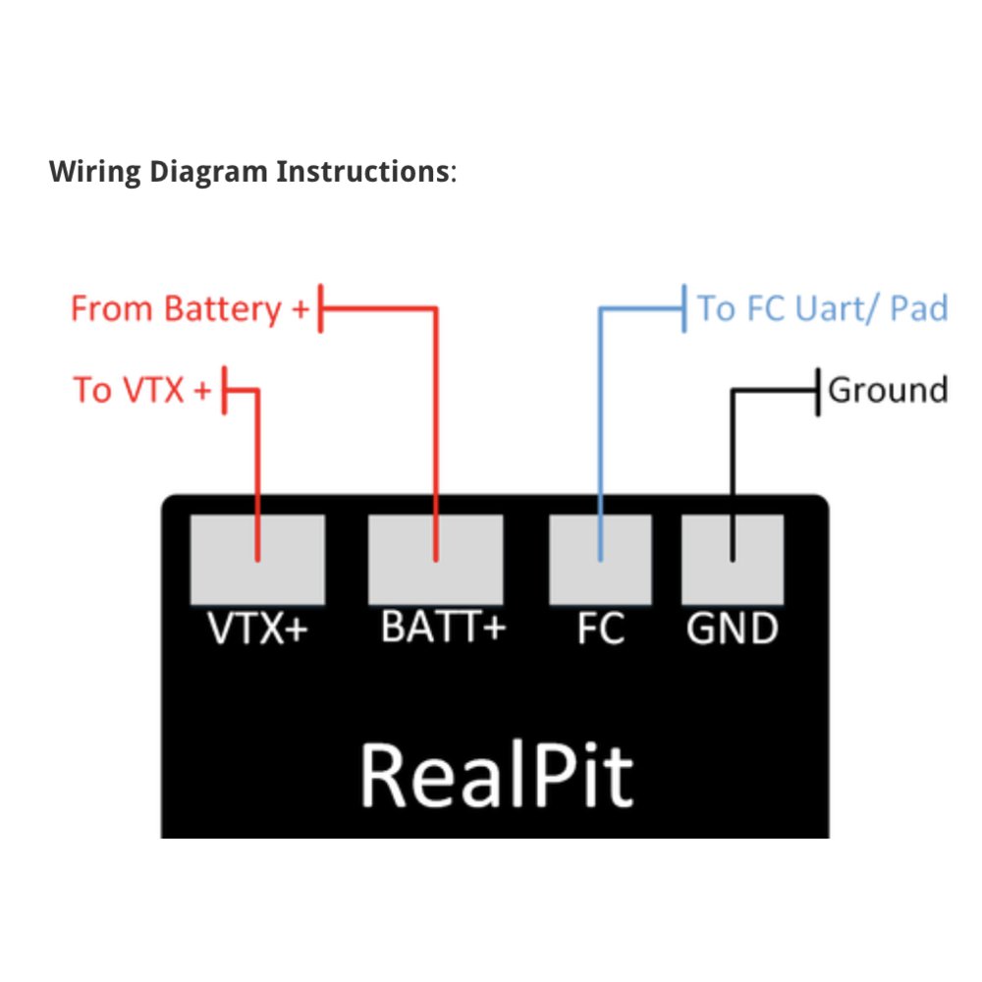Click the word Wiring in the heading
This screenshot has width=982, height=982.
coord(95,172)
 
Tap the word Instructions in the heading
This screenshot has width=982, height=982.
coord(363,171)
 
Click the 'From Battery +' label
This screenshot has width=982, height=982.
coord(190,309)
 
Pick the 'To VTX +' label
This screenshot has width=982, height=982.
coord(142,390)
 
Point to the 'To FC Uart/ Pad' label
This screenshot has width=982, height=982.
coord(823,308)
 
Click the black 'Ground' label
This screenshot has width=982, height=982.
coord(888,390)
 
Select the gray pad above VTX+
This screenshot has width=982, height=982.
coord(257,560)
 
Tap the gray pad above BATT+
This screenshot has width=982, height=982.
coord(435,560)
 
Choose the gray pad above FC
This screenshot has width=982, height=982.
coord(600,560)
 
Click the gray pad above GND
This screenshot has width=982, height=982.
coord(733,560)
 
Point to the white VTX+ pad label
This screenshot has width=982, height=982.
coord(257,627)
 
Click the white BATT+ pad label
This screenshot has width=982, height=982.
coord(444,627)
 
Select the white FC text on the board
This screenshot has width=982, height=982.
coord(601,627)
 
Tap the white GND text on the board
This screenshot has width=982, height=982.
coord(733,627)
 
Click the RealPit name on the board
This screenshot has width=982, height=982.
coord(497,775)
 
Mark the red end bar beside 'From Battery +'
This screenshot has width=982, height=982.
coord(321,308)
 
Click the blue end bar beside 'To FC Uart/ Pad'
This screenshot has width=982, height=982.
coord(683,308)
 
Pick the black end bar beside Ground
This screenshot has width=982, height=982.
coord(817,392)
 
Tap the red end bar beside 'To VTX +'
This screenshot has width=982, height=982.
coord(224,390)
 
